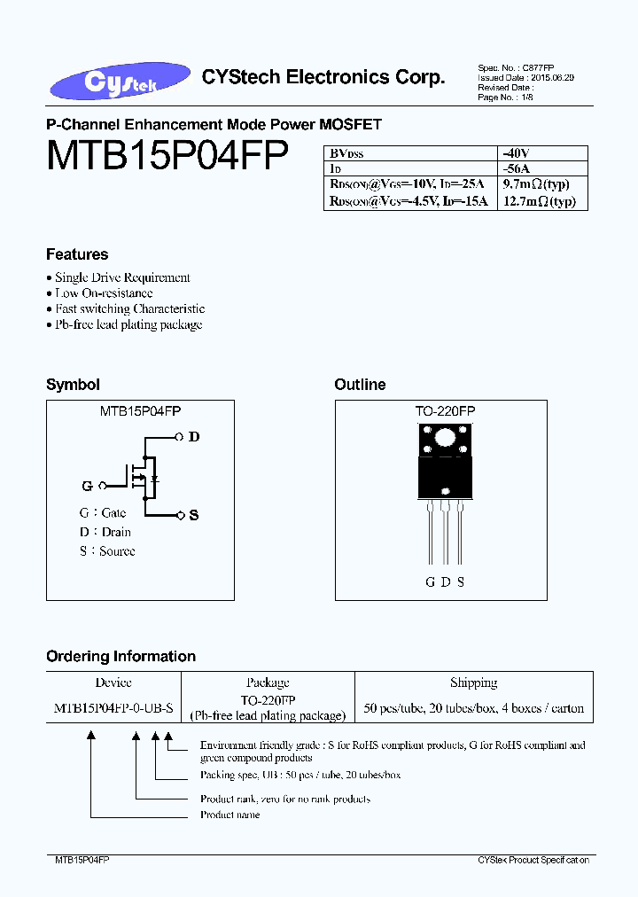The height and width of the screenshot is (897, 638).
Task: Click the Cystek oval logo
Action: [x=120, y=81]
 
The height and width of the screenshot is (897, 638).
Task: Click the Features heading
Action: [x=77, y=254]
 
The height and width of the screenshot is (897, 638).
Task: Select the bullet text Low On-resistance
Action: [x=104, y=292]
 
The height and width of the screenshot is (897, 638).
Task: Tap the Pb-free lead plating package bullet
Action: [x=128, y=324]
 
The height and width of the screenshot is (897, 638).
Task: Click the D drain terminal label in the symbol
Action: [x=194, y=437]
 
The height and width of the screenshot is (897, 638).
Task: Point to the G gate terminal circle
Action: [x=103, y=486]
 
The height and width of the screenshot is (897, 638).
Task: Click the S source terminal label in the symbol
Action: [x=194, y=515]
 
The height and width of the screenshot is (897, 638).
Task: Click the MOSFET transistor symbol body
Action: [x=142, y=479]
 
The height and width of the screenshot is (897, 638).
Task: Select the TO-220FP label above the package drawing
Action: [x=445, y=411]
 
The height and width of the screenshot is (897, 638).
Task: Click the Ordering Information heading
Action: [x=121, y=657]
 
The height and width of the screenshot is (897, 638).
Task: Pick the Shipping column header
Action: [x=474, y=682]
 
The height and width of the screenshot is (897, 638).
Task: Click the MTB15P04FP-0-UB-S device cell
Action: [x=113, y=708]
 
